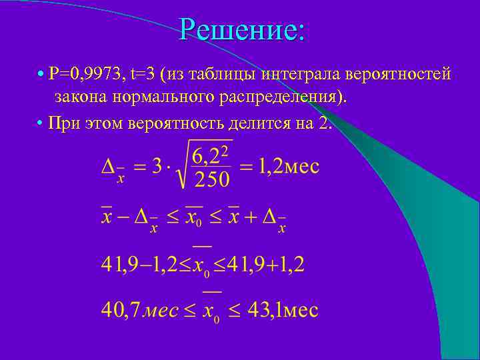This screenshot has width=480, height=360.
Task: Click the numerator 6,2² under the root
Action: (x=211, y=155)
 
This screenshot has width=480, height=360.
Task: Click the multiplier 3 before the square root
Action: (x=157, y=166)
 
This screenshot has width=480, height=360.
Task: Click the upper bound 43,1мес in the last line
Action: (x=283, y=309)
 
